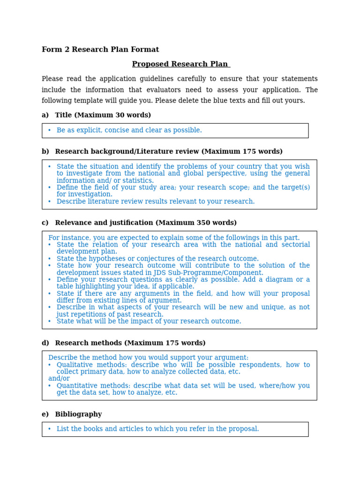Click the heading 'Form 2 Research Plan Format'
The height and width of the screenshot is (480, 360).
(x=100, y=50)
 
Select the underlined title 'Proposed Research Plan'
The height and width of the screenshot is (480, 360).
(x=180, y=64)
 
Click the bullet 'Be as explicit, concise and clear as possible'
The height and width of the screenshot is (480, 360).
(x=129, y=130)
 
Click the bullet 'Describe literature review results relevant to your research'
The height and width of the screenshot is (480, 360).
(x=155, y=202)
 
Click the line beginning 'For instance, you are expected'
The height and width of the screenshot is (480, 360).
(x=173, y=238)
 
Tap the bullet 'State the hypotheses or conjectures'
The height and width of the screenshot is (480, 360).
(x=157, y=259)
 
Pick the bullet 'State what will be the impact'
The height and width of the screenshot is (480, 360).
(x=149, y=322)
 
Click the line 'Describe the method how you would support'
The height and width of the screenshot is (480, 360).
(x=148, y=358)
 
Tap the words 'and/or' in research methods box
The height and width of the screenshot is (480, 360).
(x=59, y=379)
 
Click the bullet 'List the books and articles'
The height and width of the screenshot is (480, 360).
(x=157, y=429)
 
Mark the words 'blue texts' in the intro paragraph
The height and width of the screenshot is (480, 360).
(x=238, y=101)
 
